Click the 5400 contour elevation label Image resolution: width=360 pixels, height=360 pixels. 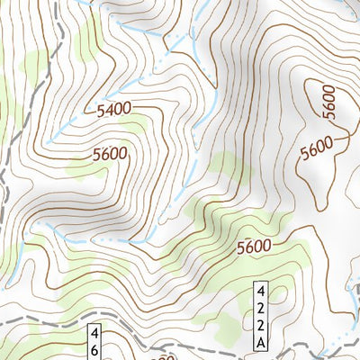(113, 109)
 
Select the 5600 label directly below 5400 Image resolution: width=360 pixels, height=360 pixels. (110, 154)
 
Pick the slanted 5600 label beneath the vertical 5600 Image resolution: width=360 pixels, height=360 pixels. (318, 147)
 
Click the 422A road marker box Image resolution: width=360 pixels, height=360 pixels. (260, 317)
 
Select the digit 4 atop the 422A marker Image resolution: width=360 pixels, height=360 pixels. (260, 292)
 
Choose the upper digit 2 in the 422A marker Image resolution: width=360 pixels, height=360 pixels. (260, 309)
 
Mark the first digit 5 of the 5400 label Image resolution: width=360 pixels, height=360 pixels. (99, 112)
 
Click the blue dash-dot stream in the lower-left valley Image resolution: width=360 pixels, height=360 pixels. (90, 241)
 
